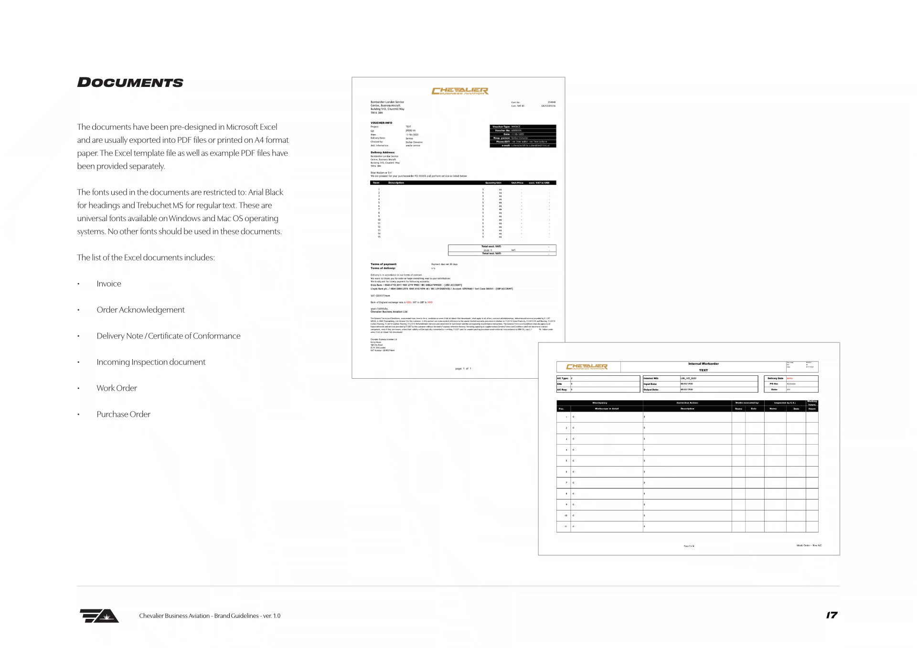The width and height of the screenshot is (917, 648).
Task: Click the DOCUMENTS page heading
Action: point(130,83)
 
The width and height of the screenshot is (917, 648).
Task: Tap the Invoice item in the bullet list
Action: point(109,284)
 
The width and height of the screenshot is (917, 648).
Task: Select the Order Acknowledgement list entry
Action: point(140,310)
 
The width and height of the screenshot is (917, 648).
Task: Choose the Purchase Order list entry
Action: point(123,414)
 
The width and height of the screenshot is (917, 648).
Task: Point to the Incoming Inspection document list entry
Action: point(151,362)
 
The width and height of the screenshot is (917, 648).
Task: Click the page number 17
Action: point(832,615)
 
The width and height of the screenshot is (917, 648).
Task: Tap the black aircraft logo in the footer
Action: point(99,616)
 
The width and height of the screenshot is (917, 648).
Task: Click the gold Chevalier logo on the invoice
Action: point(459,91)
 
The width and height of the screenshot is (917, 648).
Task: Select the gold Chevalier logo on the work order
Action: point(586,367)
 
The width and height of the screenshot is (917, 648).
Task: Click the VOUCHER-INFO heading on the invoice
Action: point(381,123)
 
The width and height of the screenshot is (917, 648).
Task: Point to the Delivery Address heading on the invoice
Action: point(383,152)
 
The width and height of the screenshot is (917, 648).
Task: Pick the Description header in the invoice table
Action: point(396,182)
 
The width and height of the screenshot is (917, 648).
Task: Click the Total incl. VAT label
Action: point(491,254)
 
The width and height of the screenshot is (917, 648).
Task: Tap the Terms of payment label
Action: point(384,264)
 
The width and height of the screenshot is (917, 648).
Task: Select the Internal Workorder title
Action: point(703,364)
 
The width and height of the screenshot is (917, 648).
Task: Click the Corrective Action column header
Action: point(687,403)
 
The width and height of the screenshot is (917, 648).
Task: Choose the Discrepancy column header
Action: point(600,403)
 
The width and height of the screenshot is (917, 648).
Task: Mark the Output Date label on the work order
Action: point(651,390)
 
